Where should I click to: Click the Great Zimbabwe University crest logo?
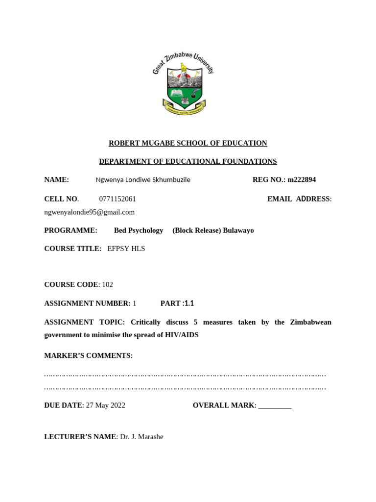pyautogui.click(x=184, y=83)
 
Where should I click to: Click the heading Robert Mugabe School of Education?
pyautogui.click(x=188, y=143)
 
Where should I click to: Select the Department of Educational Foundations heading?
pyautogui.click(x=188, y=161)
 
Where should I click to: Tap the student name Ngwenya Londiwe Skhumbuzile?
pyautogui.click(x=143, y=180)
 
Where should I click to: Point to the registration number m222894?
pyautogui.click(x=302, y=180)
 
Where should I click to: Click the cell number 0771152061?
pyautogui.click(x=117, y=199)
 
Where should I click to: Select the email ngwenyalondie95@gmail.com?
pyautogui.click(x=89, y=212)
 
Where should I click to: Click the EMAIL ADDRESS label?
pyautogui.click(x=299, y=199)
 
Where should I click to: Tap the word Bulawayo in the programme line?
pyautogui.click(x=238, y=230)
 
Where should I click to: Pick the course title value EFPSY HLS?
pyautogui.click(x=126, y=249)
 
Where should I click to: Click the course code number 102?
pyautogui.click(x=107, y=285)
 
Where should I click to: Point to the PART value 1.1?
pyautogui.click(x=189, y=303)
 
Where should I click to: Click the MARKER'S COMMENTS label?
pyautogui.click(x=88, y=356)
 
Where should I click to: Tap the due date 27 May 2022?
pyautogui.click(x=105, y=405)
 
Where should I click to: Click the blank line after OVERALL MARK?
pyautogui.click(x=275, y=406)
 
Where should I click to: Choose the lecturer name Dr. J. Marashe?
pyautogui.click(x=141, y=437)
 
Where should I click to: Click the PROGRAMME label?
pyautogui.click(x=70, y=230)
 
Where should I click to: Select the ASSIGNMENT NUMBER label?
pyautogui.click(x=86, y=303)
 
